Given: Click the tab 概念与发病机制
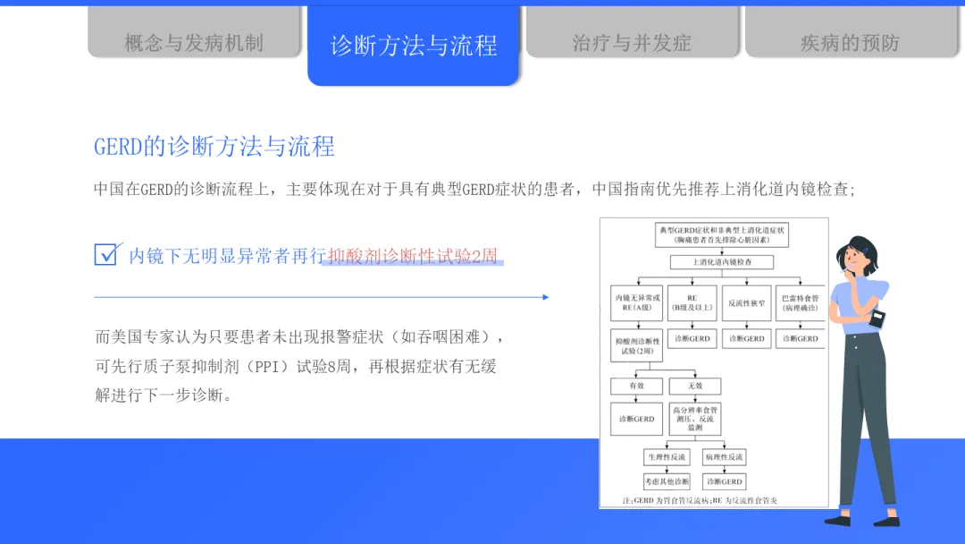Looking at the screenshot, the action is tap(194, 42).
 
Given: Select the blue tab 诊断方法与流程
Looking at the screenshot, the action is tap(413, 46).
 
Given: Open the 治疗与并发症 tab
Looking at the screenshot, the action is tap(632, 42).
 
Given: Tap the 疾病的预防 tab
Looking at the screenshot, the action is tap(850, 42).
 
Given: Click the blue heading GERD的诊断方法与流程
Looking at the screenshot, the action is tap(214, 147).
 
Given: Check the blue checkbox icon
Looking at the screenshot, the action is tap(106, 254).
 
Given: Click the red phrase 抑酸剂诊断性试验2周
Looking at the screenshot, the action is tap(414, 256).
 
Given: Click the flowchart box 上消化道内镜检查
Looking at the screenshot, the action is tap(722, 262).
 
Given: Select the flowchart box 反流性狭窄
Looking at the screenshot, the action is tap(746, 303).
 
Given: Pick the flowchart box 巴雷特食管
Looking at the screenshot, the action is tap(800, 303).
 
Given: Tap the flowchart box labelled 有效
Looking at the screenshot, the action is tap(636, 387).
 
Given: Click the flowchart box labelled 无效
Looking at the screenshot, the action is tap(695, 387).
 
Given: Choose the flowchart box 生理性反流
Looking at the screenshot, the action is tap(667, 457).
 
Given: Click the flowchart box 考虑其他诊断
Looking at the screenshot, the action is tap(667, 481).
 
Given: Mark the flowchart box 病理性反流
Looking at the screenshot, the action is tap(725, 457).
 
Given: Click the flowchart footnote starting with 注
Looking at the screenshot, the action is tap(688, 500).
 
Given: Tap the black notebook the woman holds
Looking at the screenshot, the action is tap(877, 317).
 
